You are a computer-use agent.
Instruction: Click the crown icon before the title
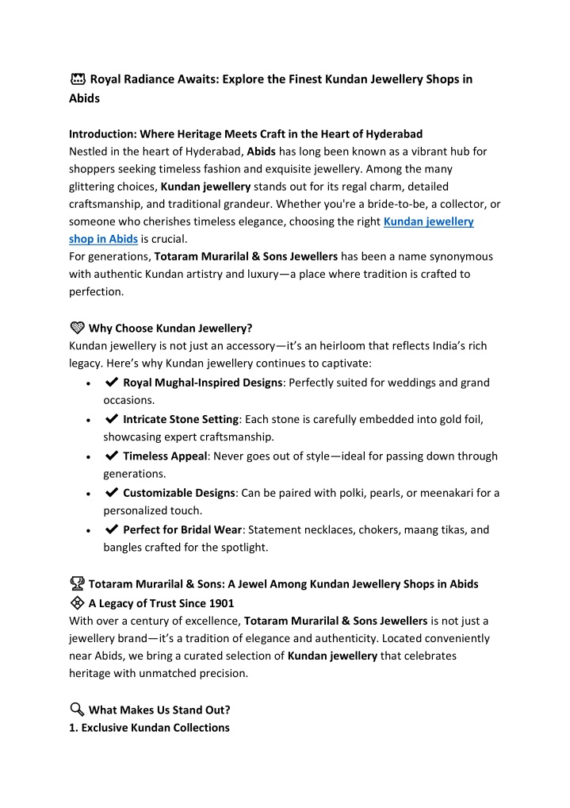77,79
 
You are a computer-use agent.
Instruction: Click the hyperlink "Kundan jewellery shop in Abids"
428,222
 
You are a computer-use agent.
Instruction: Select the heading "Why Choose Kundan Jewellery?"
170,328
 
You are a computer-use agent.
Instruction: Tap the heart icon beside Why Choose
77,328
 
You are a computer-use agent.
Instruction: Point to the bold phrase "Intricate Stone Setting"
181,419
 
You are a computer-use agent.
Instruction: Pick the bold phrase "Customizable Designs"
179,493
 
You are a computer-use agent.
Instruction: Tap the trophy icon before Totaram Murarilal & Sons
77,584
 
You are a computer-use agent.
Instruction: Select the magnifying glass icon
77,710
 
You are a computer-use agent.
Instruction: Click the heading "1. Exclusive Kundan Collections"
149,728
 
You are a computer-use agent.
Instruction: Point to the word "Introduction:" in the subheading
102,133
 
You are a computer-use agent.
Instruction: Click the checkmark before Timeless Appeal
112,456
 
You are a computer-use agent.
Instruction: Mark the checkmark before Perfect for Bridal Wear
112,529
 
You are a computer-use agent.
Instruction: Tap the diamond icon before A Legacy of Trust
77,602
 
